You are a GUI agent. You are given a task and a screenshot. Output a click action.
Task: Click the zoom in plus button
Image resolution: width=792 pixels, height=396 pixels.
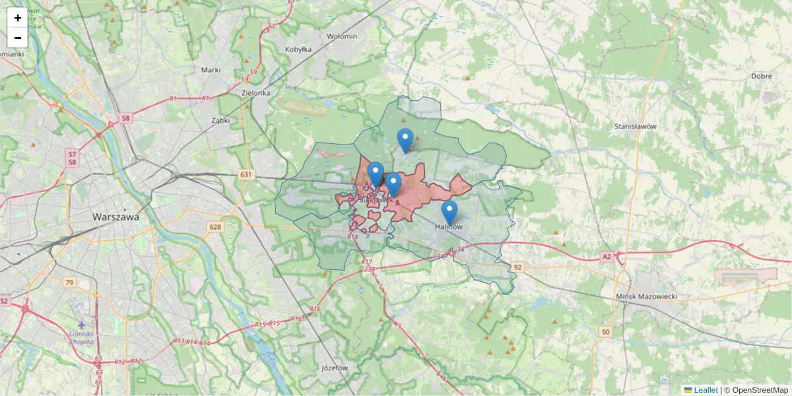coord(17,18)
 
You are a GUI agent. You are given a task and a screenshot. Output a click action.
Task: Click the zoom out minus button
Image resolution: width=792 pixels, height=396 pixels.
coord(17,38)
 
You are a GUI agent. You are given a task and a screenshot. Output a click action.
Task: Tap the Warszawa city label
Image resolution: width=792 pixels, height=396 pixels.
coord(116,216)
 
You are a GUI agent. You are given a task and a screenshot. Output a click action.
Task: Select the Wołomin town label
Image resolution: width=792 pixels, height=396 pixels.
coord(342,36)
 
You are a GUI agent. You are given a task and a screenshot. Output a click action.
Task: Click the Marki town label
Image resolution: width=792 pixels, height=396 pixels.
coord(211,70)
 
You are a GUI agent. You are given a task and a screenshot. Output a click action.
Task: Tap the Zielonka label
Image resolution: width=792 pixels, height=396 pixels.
coord(256,93)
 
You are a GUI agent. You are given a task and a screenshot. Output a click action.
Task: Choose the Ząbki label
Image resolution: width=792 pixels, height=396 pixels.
coord(220,121)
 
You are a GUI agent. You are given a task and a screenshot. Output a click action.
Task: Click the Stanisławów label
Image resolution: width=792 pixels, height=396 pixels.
coord(634,125)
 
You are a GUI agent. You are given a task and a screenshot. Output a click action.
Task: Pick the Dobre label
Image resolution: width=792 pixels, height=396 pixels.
coord(761,76)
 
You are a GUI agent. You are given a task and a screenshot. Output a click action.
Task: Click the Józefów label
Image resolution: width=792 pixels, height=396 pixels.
coord(334,368)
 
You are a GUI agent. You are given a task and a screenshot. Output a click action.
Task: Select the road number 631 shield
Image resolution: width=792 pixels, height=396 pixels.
coord(246,174)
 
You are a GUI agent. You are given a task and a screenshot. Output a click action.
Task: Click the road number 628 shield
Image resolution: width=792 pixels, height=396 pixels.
coord(215,227)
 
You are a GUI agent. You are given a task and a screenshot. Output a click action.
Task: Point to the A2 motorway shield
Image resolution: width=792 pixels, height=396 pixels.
coord(607,256)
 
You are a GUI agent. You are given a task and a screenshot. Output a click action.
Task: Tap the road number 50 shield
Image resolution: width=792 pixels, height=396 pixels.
coord(605,332)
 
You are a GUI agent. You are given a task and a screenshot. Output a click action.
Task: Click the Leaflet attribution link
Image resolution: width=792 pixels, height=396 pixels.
coord(705,390)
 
